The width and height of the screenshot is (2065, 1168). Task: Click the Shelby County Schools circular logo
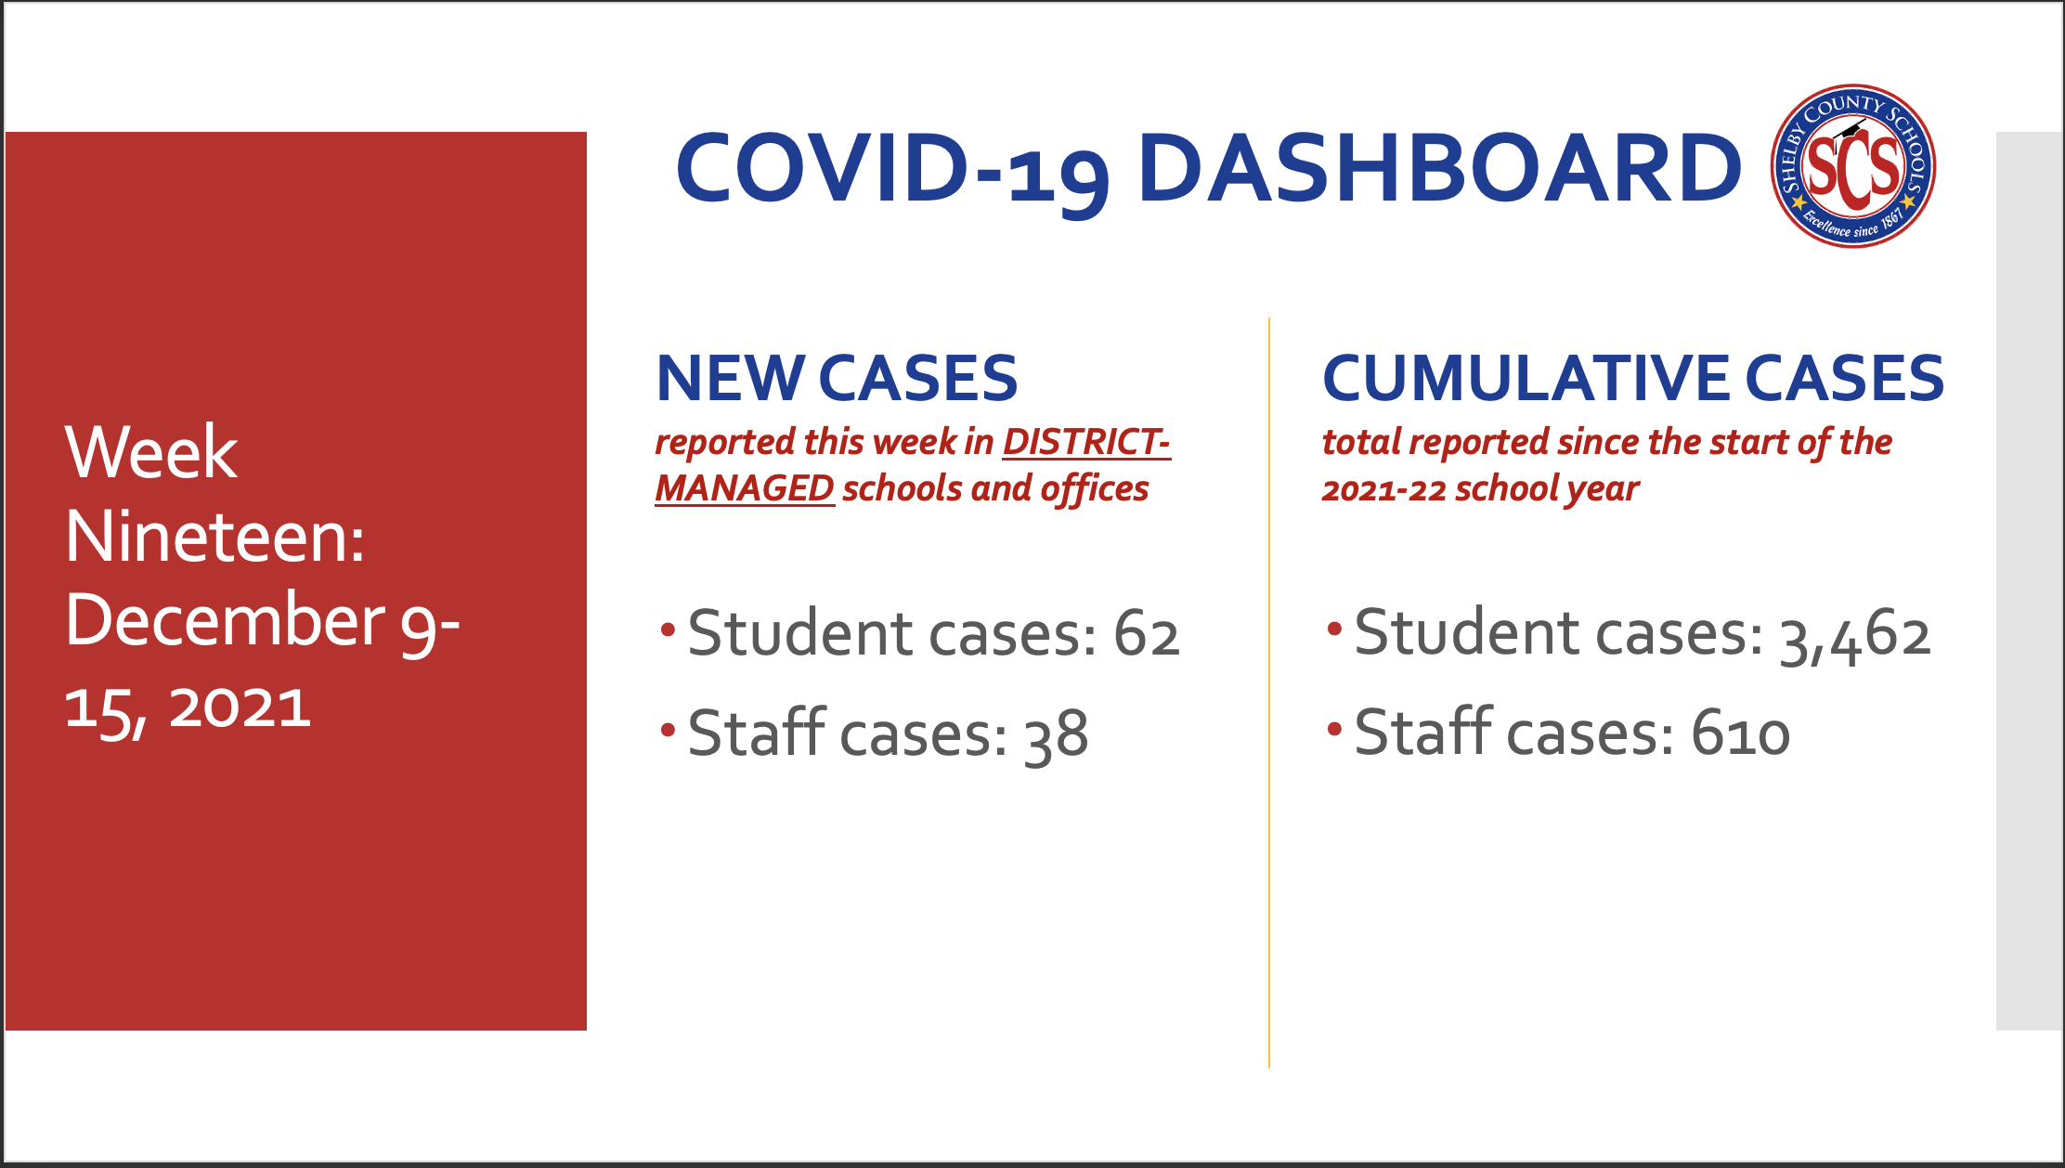[x=1853, y=166]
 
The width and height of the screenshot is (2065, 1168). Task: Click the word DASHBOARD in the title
[x=1439, y=167]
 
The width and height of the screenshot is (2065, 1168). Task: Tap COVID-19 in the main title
[x=892, y=172]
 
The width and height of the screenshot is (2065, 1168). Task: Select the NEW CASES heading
[x=837, y=378]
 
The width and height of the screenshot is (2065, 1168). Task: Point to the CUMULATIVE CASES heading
[x=1633, y=378]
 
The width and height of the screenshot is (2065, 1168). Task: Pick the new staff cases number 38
[x=1056, y=734]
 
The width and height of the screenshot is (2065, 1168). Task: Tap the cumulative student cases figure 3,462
[x=1855, y=637]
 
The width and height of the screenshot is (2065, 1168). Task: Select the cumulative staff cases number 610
[x=1740, y=733]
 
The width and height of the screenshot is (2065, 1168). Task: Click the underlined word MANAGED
[x=745, y=488]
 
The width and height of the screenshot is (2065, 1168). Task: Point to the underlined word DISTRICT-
[x=1086, y=442]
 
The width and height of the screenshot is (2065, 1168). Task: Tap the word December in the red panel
[x=225, y=620]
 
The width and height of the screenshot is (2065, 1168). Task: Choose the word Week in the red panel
[x=151, y=452]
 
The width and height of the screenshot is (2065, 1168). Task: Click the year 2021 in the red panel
[x=240, y=707]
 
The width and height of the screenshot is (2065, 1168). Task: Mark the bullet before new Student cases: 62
[x=668, y=630]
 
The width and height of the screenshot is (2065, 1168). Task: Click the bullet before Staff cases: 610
[x=1334, y=729]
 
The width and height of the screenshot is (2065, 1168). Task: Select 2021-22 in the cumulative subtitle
[x=1383, y=489]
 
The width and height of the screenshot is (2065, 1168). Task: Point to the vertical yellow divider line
[x=1268, y=693]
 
